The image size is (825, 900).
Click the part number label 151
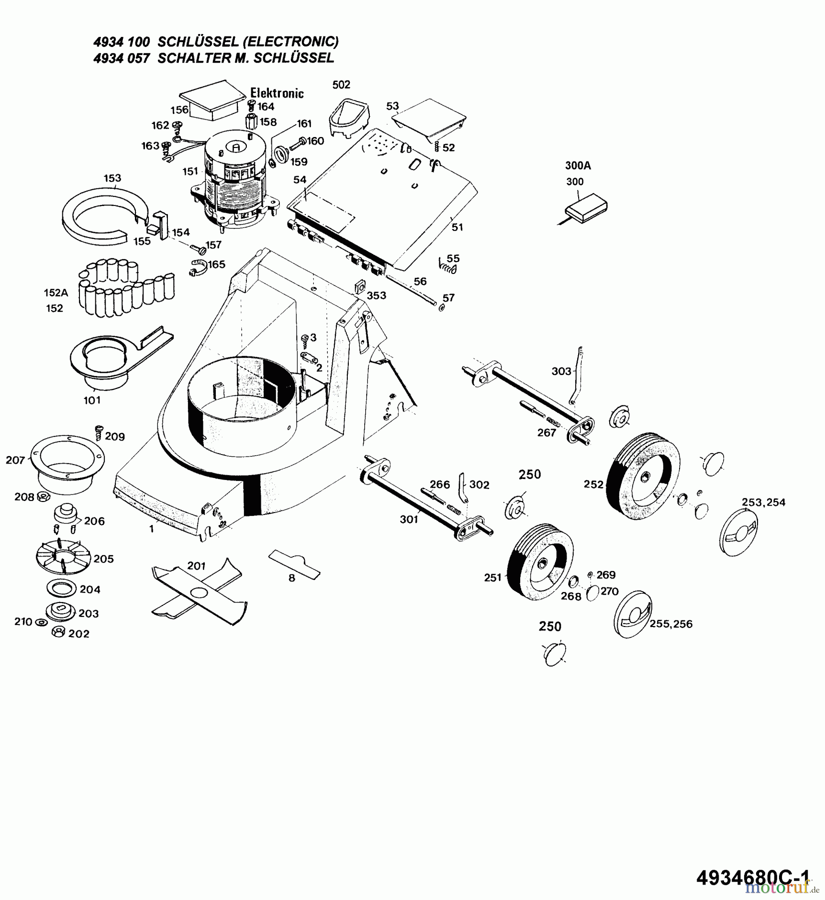point(190,171)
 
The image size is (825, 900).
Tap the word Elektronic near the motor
point(277,93)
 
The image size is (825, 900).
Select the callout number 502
point(341,85)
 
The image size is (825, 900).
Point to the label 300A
point(578,165)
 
